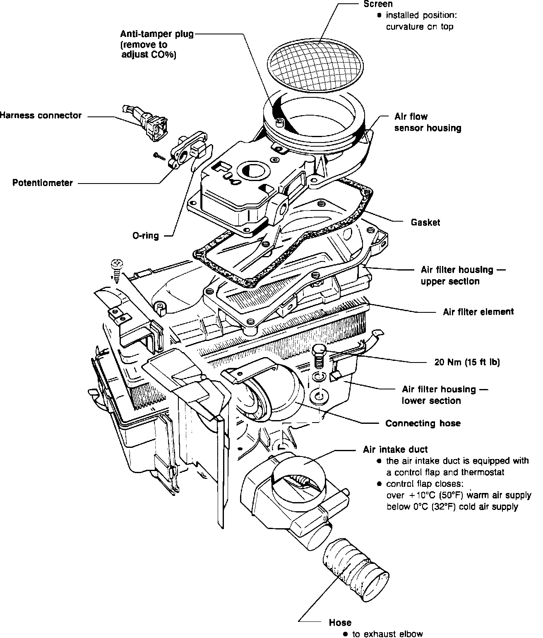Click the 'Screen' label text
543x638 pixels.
(x=378, y=4)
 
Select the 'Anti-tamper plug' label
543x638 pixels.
(x=157, y=34)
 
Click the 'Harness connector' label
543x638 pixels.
(x=41, y=116)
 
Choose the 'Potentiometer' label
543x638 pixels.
(x=43, y=183)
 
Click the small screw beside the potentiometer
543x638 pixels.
(x=159, y=156)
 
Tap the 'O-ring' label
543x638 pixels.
(x=145, y=236)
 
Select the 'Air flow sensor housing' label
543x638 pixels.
(x=428, y=123)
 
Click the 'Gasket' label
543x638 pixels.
(x=425, y=222)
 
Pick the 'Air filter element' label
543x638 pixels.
(x=478, y=312)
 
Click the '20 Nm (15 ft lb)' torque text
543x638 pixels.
(x=467, y=362)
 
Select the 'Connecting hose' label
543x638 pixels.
(x=423, y=423)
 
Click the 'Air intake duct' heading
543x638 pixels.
(x=395, y=450)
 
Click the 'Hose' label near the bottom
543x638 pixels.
(x=340, y=623)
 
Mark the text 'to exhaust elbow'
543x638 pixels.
(x=387, y=634)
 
